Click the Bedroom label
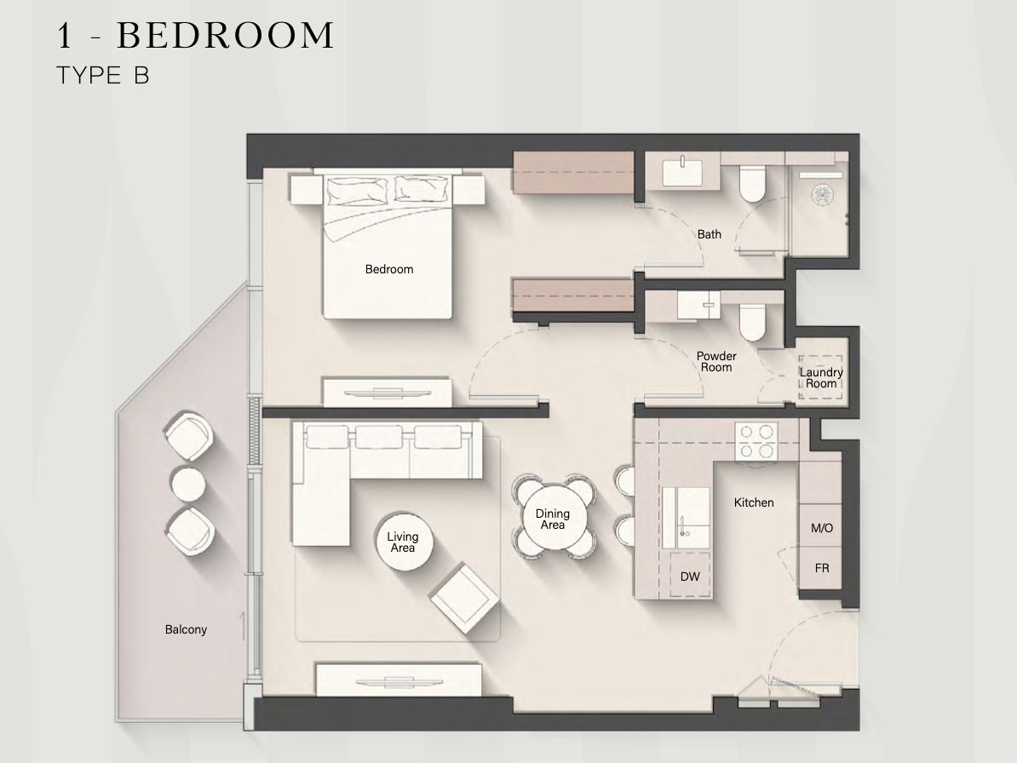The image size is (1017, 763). [x=389, y=269]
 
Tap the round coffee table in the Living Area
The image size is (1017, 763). [x=403, y=542]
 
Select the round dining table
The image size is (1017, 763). [x=553, y=519]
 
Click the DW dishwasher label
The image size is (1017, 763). [x=690, y=577]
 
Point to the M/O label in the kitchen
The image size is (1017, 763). [x=822, y=528]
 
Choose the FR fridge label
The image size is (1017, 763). [x=822, y=569]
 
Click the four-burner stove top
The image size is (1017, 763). [x=756, y=441]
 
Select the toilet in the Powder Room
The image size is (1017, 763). [x=752, y=322]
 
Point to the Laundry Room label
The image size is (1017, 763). [x=821, y=378]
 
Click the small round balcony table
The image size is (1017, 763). [x=188, y=484]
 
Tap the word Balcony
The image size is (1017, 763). [x=187, y=629]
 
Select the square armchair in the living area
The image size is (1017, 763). [x=464, y=599]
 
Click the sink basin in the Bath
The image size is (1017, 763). [x=682, y=173]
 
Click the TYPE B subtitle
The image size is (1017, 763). [x=103, y=76]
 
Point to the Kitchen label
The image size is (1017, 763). [x=754, y=502]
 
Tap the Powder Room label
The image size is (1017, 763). [x=716, y=362]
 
